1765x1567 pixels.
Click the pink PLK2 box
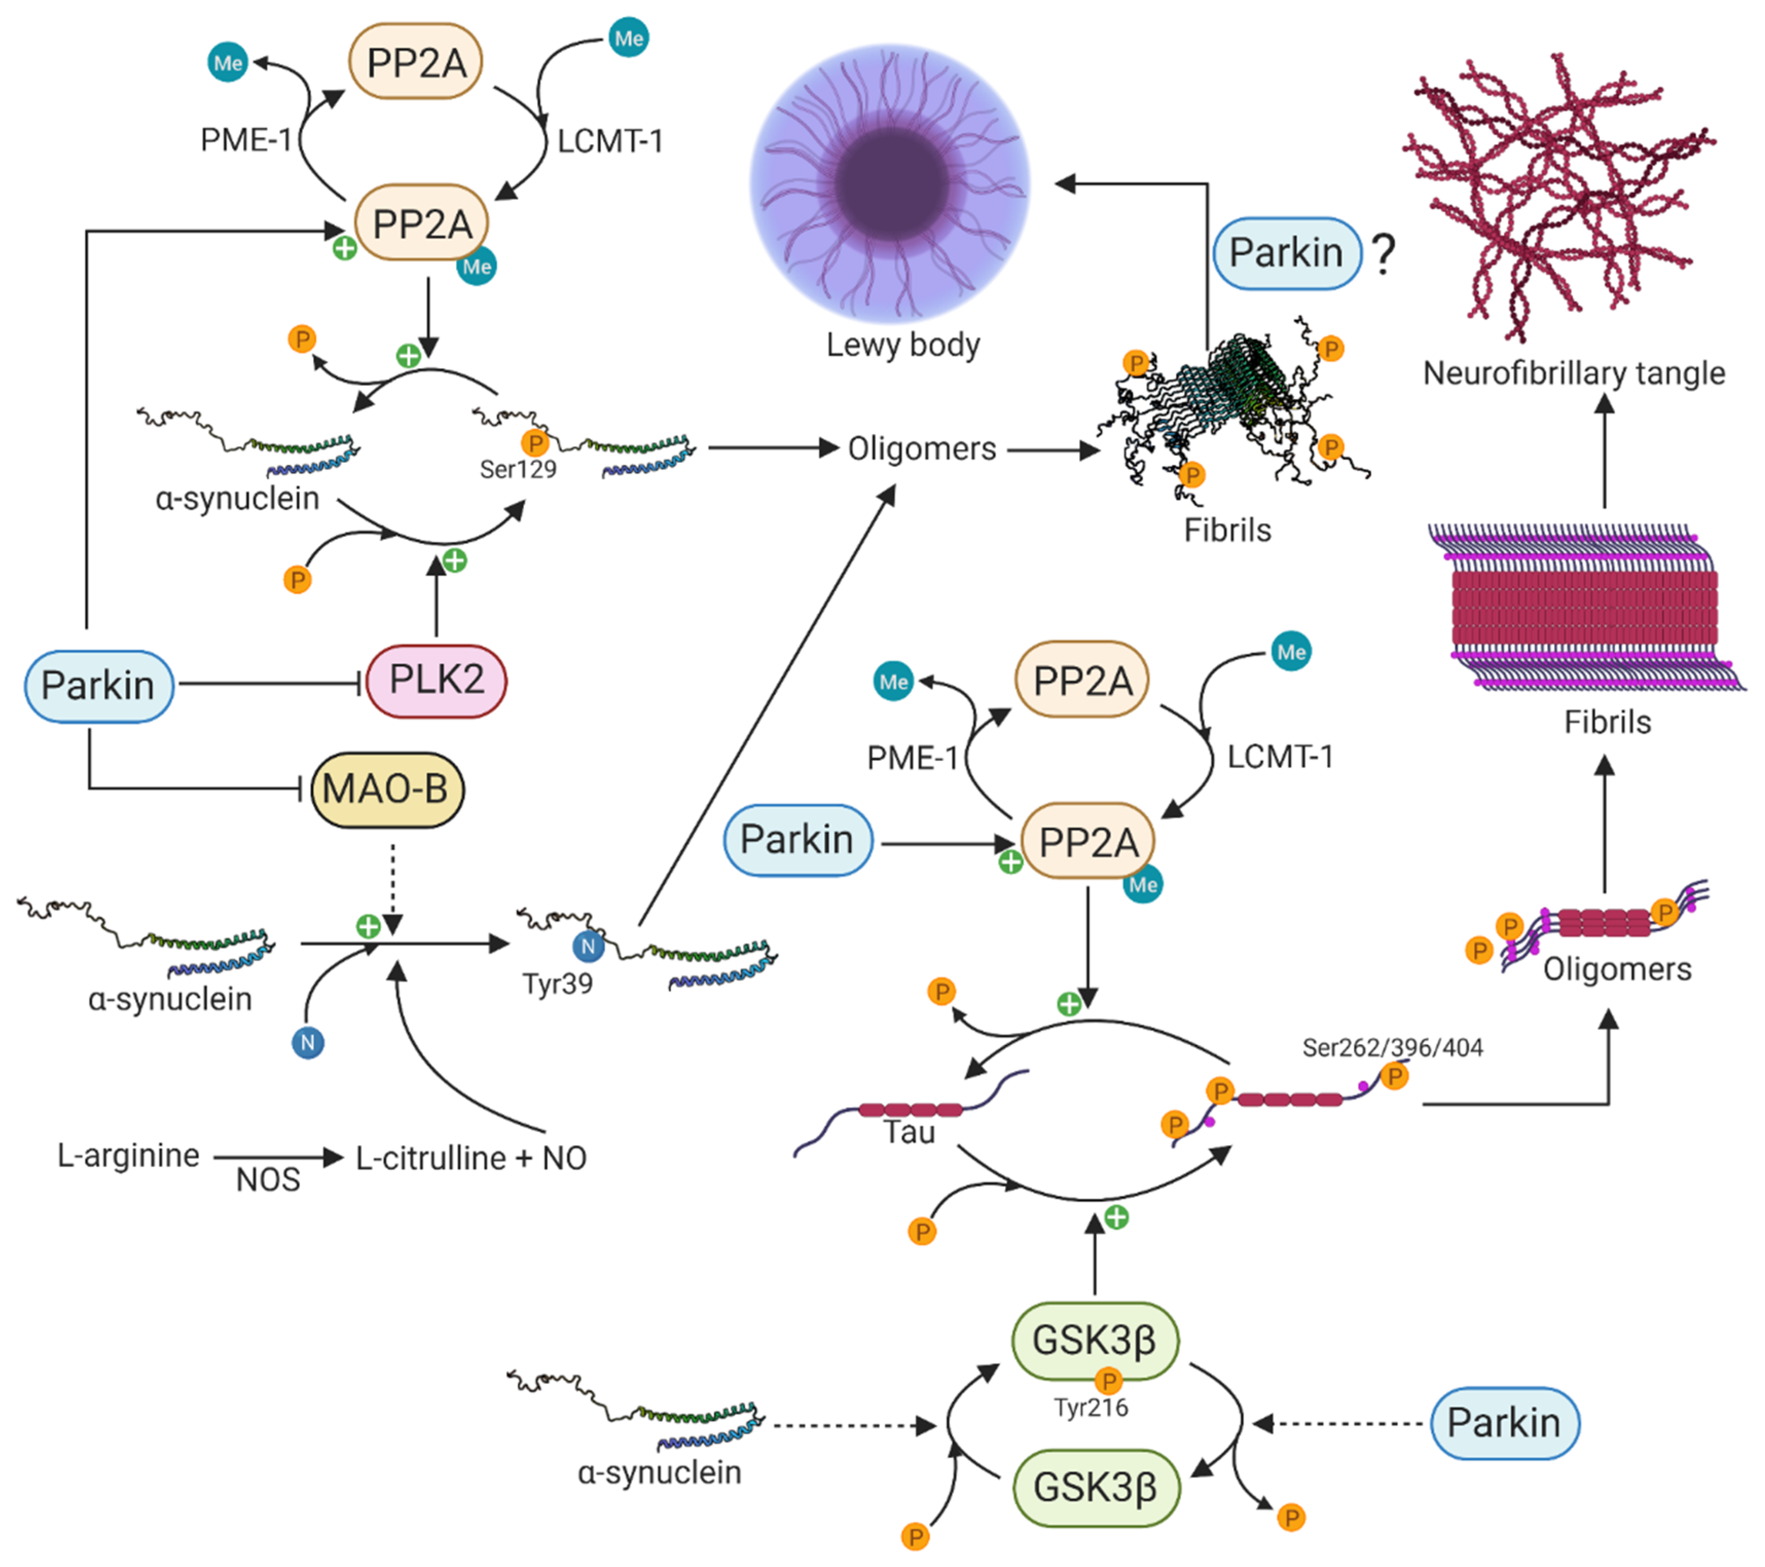coord(436,680)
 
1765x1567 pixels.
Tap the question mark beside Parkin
coord(1384,254)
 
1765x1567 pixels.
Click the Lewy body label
coord(902,344)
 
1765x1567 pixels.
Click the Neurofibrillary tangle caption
coord(1573,373)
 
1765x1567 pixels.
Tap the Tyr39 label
coord(557,983)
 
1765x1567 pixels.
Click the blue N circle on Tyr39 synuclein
coord(588,946)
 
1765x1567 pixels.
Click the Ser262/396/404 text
coord(1392,1047)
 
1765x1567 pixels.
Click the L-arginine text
coord(129,1155)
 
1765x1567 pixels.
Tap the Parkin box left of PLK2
coord(98,685)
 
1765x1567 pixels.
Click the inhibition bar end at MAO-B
coord(300,788)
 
